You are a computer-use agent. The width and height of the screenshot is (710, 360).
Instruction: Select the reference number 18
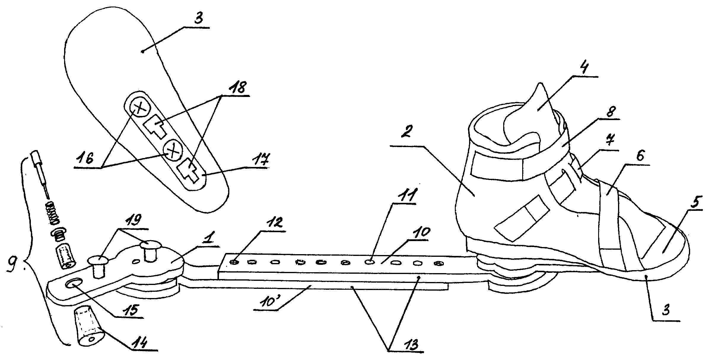pyautogui.click(x=239, y=87)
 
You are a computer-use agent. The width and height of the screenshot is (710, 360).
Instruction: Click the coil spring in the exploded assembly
pyautogui.click(x=54, y=213)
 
